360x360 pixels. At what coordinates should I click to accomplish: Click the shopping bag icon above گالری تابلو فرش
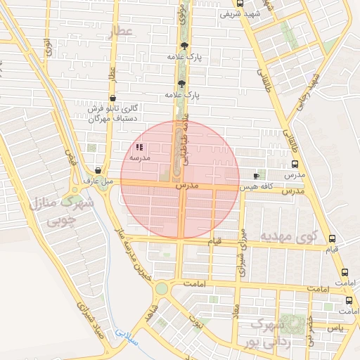(112, 98)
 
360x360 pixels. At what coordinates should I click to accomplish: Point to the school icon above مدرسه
(139, 148)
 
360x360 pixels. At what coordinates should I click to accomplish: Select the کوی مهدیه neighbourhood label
(289, 236)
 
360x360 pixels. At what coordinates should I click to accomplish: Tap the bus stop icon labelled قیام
(332, 238)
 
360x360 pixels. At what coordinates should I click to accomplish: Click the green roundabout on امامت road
(162, 288)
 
